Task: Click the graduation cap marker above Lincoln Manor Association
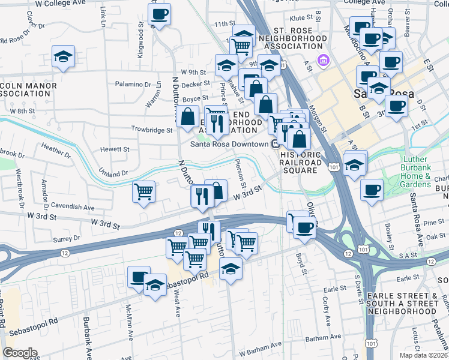point(63,57)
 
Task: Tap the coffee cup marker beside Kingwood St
point(160,14)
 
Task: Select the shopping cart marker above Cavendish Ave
point(143,192)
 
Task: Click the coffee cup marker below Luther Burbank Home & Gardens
point(372,190)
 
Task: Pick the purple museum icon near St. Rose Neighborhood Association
point(324,60)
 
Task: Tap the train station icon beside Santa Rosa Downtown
point(276,144)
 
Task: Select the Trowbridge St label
point(152,130)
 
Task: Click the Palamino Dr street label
point(133,84)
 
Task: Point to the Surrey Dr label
point(62,238)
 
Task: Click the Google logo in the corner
point(20,353)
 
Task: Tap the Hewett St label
point(115,149)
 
